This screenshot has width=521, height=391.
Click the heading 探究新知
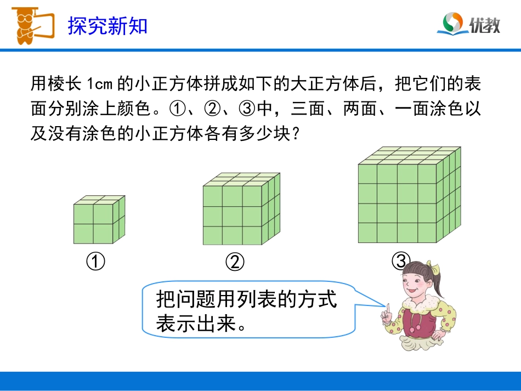107,26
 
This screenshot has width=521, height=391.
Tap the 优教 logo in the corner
471,24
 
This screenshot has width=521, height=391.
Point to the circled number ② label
235,263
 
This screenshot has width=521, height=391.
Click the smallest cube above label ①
99,220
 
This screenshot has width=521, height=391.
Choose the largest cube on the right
408,195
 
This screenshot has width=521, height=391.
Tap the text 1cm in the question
99,84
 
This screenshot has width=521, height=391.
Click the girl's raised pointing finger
387,310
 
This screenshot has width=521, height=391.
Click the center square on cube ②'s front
232,214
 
